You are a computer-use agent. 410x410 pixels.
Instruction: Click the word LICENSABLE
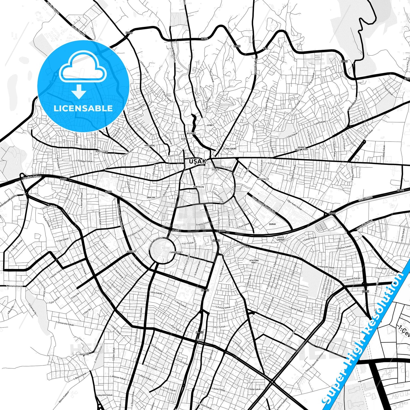pos(83,108)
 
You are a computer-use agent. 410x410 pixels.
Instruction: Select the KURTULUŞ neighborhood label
pos(199,187)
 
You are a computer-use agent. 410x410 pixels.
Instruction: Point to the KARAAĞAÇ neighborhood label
pos(150,145)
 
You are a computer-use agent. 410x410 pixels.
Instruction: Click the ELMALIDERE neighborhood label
pos(230,148)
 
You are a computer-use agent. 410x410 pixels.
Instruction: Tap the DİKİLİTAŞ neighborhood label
pos(102,152)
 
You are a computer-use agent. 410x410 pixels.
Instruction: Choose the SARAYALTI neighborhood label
pos(263,179)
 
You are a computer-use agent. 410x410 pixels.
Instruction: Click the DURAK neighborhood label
pos(272,224)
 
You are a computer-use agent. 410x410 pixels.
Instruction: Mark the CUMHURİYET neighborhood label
pos(176,252)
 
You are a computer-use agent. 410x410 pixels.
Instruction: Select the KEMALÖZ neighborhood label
pos(132,251)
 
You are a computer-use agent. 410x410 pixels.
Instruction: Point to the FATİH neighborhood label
pos(200,340)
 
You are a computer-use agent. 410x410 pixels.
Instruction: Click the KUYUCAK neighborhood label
pos(84,354)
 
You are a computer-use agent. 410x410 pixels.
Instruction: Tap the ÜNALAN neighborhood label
pos(151,197)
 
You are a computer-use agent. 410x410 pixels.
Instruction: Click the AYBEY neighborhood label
pos(211,125)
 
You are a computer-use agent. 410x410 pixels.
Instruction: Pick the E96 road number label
pos(265,49)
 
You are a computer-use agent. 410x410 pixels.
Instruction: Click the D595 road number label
pos(366,291)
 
